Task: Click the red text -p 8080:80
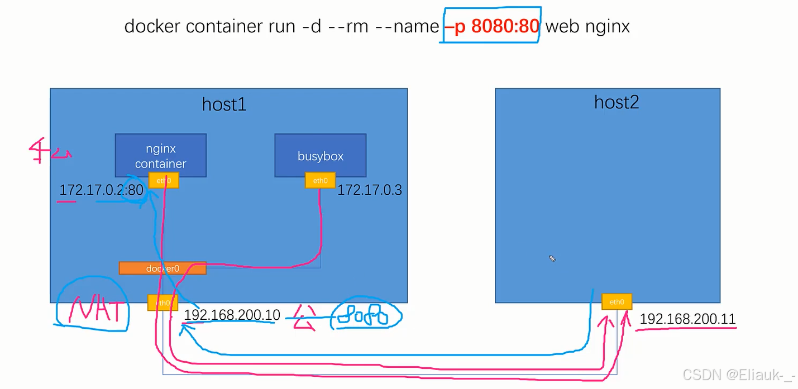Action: coord(491,26)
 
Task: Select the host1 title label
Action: coord(224,104)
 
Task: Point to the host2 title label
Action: coord(616,102)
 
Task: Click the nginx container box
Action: coord(160,155)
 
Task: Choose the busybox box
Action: coord(320,156)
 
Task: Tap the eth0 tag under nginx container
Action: coord(164,180)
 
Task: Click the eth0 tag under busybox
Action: coord(320,180)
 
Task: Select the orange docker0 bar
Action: coord(163,268)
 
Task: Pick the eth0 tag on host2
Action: coord(617,302)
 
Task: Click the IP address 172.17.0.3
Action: coord(369,190)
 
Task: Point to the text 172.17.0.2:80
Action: coord(101,190)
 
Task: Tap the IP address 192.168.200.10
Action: coord(232,315)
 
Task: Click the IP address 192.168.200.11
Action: coord(687,319)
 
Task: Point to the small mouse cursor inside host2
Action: coord(552,258)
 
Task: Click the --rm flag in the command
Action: coord(350,26)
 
